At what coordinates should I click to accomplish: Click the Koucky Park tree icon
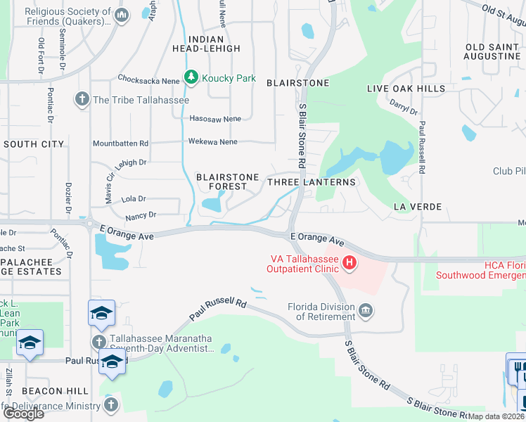click(x=191, y=78)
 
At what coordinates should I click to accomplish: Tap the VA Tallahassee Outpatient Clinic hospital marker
click(x=349, y=264)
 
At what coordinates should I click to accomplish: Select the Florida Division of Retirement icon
click(x=365, y=310)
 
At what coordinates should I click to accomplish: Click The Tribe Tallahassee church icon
click(x=82, y=99)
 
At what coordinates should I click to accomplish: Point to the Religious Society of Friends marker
click(x=122, y=15)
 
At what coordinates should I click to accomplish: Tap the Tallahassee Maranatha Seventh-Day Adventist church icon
click(x=99, y=342)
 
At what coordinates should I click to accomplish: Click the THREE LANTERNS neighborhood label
click(x=312, y=181)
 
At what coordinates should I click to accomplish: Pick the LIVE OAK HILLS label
click(x=406, y=89)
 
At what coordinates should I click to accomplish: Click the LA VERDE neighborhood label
click(x=418, y=207)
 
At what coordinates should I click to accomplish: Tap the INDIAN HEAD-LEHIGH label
click(x=206, y=44)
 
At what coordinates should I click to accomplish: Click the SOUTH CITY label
click(x=34, y=143)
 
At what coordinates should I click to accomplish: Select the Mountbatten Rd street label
click(x=120, y=143)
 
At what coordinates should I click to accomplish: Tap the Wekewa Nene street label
click(x=213, y=141)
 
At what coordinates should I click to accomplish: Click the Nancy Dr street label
click(x=141, y=214)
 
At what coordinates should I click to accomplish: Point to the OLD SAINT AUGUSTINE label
click(x=493, y=51)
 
